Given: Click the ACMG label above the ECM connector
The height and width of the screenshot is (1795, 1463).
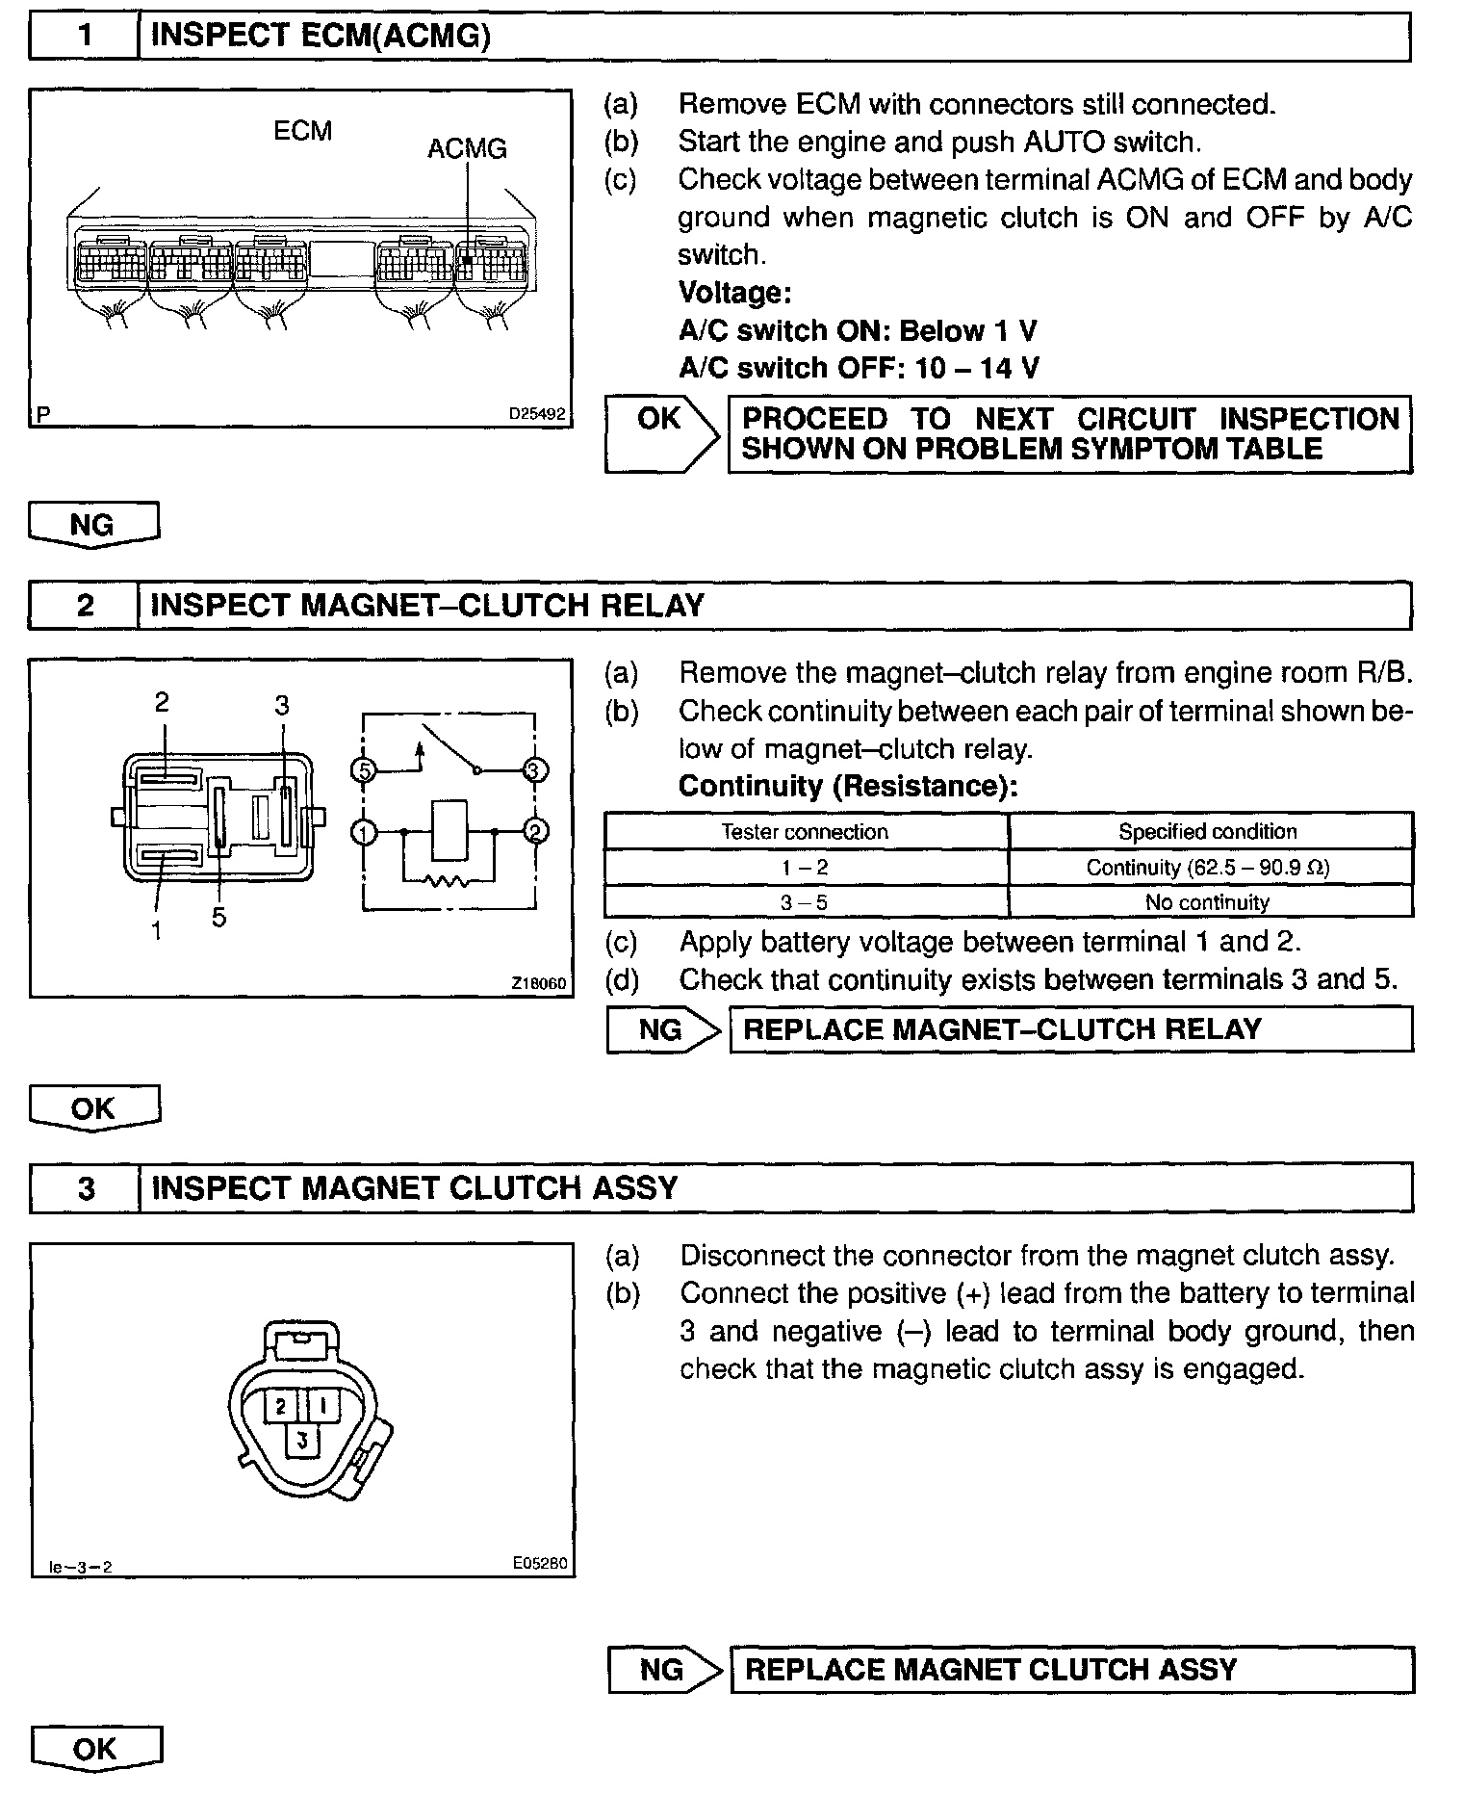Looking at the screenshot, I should (467, 148).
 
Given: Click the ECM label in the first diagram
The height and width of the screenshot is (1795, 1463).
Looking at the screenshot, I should (302, 130).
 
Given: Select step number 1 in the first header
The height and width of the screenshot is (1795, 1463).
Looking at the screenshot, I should (85, 37).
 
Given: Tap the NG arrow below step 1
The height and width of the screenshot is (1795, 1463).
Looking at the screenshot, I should (93, 525).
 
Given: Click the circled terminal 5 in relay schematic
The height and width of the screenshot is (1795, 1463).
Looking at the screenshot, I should (364, 769).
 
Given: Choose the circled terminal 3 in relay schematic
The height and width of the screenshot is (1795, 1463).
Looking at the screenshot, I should (535, 769).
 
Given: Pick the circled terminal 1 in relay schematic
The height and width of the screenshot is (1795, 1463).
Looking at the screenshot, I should (364, 832).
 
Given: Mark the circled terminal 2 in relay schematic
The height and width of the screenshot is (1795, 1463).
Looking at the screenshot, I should (535, 832).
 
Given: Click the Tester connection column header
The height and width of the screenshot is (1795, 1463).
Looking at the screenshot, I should (805, 832).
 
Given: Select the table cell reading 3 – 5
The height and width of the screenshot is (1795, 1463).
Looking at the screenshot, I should (805, 902).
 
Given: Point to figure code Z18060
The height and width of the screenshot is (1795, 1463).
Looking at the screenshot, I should (539, 983).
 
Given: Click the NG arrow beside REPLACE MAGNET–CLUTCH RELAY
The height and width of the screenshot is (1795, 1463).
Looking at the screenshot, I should (663, 1029).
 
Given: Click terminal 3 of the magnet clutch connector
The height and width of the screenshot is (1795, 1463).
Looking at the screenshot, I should (302, 1441).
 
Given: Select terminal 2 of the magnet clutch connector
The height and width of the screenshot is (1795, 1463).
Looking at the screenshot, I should (281, 1407).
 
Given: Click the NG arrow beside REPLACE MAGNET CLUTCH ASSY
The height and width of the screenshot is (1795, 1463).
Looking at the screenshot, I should (664, 1669).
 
